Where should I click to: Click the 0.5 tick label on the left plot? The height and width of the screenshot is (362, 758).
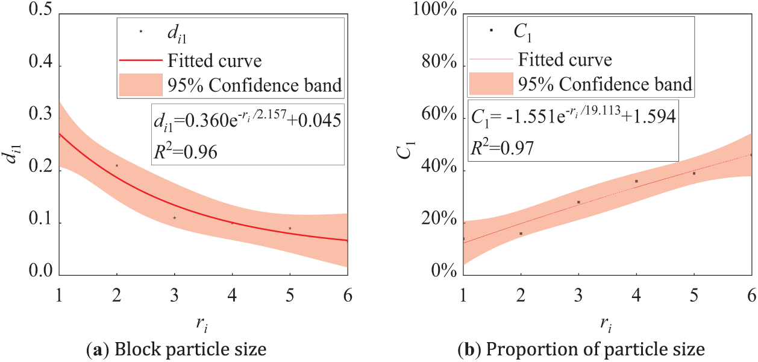[37, 14]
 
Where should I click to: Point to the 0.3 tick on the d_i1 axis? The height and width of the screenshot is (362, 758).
[37, 118]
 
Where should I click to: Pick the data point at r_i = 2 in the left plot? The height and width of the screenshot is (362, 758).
[117, 165]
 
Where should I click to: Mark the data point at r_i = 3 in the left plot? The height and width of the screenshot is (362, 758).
[175, 218]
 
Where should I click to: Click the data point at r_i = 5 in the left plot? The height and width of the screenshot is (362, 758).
[290, 228]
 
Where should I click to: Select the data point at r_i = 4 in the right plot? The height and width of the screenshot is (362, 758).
[636, 181]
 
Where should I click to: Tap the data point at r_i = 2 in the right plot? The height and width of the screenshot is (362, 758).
[521, 233]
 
